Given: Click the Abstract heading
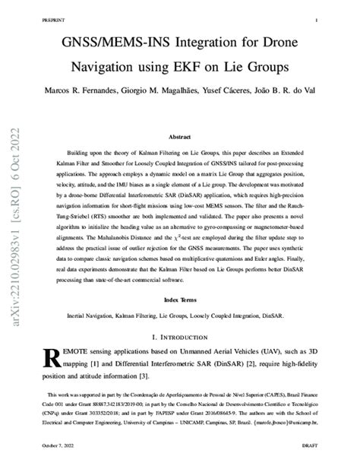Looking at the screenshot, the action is pos(180,138).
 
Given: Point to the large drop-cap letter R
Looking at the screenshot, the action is pos(56,359).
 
